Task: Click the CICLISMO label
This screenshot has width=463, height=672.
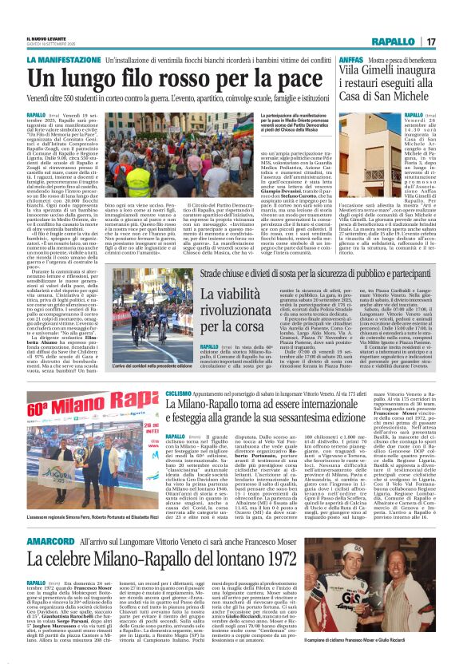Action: pos(178,393)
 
